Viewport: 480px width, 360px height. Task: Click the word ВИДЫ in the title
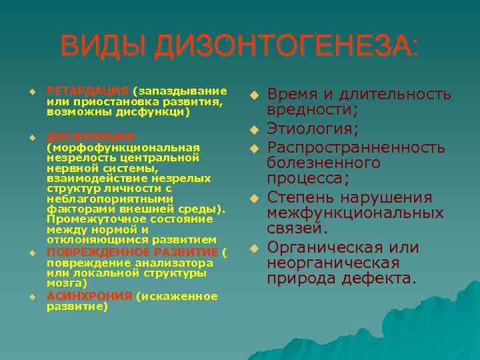tap(103, 47)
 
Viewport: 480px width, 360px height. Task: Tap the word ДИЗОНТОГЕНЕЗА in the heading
tap(284, 47)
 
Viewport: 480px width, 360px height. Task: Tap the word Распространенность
tap(356, 146)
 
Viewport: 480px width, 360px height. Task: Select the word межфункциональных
tap(355, 213)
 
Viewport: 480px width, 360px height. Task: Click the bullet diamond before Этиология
tap(254, 128)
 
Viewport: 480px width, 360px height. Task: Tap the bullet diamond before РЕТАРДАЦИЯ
tap(31, 91)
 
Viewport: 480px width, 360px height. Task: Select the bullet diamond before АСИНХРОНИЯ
tap(31, 296)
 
